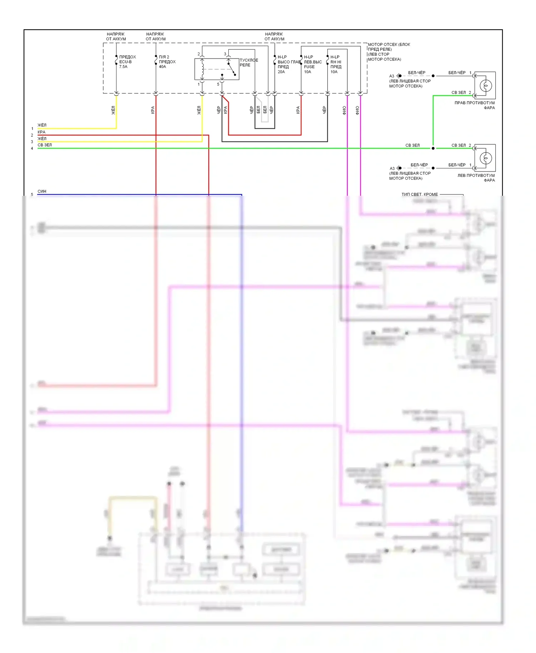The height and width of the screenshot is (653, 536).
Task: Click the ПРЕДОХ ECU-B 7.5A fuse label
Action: (x=127, y=62)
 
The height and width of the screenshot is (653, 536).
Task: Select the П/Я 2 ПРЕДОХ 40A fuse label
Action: (x=167, y=62)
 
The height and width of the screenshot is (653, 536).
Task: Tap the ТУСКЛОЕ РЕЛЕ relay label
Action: (x=248, y=63)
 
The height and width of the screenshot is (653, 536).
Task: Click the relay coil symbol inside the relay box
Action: (x=203, y=69)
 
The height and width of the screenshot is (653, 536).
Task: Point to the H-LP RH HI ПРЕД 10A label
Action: (x=336, y=64)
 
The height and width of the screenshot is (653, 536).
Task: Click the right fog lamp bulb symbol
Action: (x=486, y=85)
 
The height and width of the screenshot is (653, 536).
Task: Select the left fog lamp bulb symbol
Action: (x=486, y=158)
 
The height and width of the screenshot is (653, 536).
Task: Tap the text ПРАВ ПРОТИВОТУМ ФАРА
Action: (x=475, y=105)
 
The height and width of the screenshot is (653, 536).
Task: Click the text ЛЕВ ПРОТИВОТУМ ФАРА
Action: (x=476, y=178)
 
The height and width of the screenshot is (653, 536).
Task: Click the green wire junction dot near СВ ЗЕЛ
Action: (x=433, y=148)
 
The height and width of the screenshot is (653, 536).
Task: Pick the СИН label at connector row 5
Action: (x=42, y=191)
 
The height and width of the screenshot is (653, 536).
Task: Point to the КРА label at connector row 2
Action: (x=41, y=132)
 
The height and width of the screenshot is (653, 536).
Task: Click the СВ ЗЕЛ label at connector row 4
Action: (x=45, y=145)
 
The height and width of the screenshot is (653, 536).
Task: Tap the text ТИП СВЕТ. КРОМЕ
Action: (x=420, y=194)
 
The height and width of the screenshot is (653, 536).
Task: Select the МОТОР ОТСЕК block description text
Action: (x=388, y=52)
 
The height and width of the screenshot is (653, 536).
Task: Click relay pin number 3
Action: (x=225, y=54)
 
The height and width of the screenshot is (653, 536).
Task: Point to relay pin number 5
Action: (x=218, y=84)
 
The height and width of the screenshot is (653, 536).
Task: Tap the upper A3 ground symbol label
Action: (x=392, y=76)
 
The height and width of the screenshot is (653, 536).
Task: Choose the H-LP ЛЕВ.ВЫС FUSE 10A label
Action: (x=313, y=64)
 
